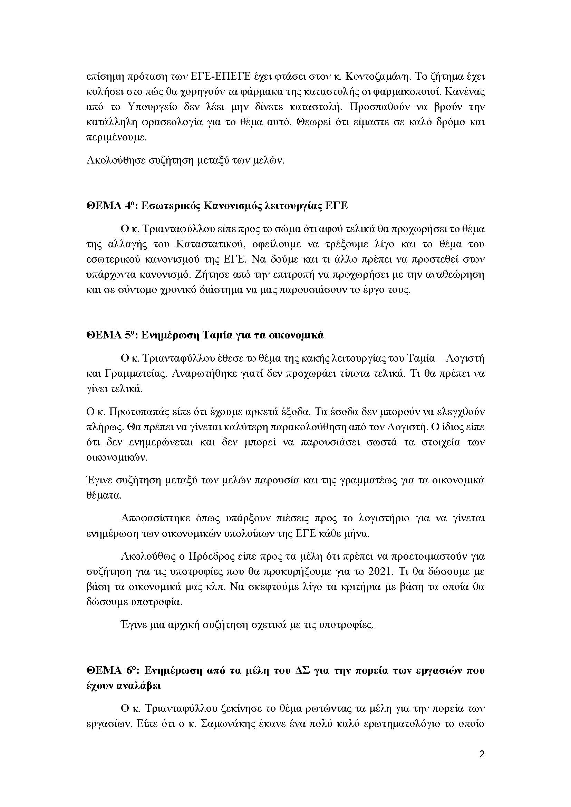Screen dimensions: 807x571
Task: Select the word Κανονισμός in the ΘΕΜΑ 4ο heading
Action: pos(230,206)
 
